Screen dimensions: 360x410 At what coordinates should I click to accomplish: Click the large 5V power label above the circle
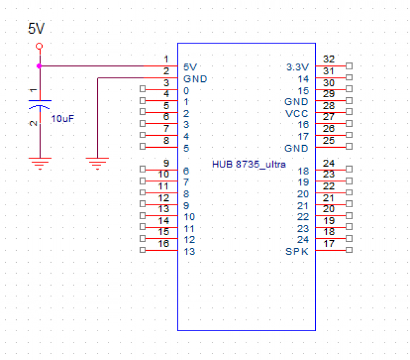pos(36,29)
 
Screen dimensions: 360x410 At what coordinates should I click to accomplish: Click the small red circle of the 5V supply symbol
pos(39,46)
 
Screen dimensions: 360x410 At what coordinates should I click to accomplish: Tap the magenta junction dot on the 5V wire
pos(39,66)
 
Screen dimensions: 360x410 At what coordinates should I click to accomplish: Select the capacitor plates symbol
pos(40,103)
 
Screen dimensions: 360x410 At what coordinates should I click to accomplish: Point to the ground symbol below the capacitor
pos(40,163)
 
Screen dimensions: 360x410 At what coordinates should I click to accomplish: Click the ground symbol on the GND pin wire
pos(97,163)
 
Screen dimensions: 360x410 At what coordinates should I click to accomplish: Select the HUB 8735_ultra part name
pos(249,165)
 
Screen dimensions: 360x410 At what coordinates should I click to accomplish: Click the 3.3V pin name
pos(297,67)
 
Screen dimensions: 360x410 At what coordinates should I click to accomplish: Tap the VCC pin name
pos(297,113)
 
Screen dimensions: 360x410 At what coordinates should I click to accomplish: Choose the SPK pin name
pos(296,252)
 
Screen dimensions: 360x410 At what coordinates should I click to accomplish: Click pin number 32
pos(329,60)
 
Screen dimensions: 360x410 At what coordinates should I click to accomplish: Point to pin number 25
pos(329,140)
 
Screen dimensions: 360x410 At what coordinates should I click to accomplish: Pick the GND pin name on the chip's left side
pos(195,79)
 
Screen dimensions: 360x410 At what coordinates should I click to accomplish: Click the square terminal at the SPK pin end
pos(349,250)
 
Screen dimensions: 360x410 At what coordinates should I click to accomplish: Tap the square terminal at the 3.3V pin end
pos(349,66)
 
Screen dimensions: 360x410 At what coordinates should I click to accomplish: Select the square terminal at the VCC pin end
pos(349,112)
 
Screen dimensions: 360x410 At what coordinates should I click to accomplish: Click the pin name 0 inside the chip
pos(187,91)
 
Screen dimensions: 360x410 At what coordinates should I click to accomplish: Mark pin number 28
pos(329,106)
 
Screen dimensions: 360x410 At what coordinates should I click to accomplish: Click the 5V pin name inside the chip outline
pos(190,67)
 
